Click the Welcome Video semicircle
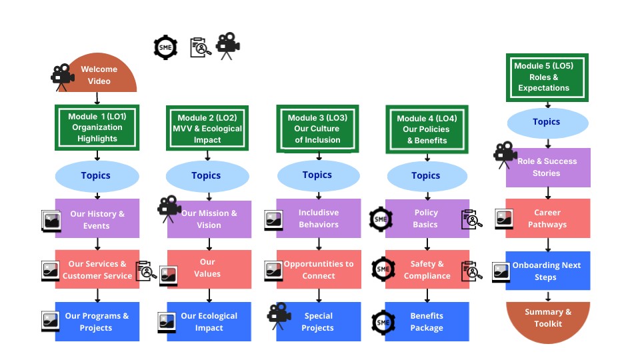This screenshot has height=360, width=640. pos(99,74)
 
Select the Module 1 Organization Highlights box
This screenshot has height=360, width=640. pos(97,127)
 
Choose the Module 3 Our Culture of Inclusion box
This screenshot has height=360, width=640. pos(317,129)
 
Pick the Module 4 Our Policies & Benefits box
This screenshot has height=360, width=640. pos(427,129)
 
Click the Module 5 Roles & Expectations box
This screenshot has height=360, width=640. pos(547,77)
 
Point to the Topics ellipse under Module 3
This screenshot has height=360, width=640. pos(317,175)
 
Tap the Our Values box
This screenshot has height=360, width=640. pos(209,269)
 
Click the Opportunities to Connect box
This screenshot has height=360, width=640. pos(319,270)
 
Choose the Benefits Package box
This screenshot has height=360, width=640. pos(427,321)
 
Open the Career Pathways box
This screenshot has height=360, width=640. pos(548,219)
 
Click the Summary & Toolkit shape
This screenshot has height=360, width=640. pos(548,318)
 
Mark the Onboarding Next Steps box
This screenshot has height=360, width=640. pos(548,271)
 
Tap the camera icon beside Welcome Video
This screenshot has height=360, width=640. pos(62,75)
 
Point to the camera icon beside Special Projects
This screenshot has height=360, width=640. pos(279,315)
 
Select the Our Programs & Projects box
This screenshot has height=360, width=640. pos(97,321)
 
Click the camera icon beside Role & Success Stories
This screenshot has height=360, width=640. pos(505,155)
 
